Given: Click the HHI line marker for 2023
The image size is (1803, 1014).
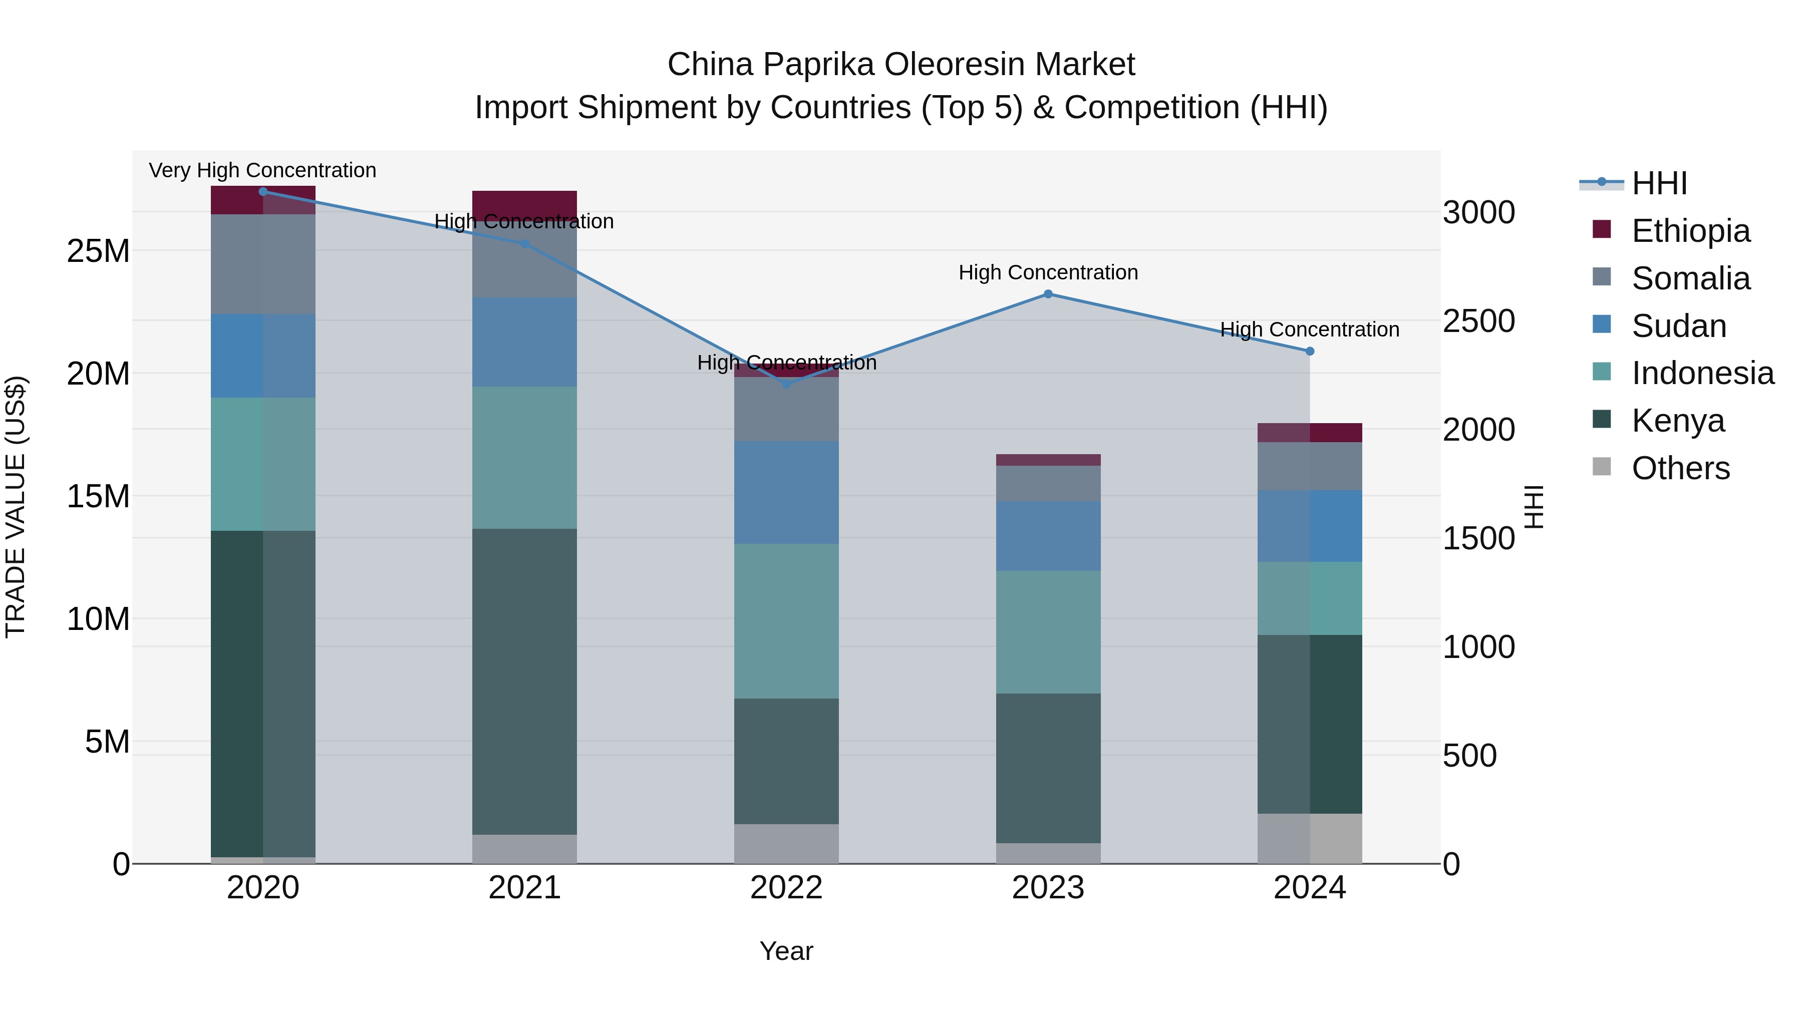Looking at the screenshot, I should click(1048, 294).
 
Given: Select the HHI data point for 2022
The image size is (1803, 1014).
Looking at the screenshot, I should click(786, 384).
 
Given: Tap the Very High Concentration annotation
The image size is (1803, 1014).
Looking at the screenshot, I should click(262, 170).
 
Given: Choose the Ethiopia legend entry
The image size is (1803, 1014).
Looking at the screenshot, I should click(1690, 231).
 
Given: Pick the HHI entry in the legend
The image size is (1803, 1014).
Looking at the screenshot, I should click(1659, 183).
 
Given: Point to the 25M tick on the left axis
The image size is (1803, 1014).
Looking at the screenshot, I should click(98, 250).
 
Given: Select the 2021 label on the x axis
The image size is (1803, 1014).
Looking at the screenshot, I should click(524, 888).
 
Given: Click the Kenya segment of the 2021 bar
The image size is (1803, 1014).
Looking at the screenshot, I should click(524, 681).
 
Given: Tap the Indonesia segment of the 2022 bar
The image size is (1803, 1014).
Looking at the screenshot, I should click(786, 621).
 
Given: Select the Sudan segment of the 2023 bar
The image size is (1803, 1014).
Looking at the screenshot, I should click(1048, 535).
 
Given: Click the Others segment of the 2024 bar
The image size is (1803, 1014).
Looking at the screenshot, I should click(1310, 838).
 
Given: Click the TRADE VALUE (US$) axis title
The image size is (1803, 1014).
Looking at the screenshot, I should click(16, 507).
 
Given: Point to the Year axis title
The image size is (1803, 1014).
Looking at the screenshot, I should click(786, 951).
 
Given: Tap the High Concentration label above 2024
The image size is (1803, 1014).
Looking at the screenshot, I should click(1310, 329).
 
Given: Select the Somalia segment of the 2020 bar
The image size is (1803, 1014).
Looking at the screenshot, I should click(262, 264).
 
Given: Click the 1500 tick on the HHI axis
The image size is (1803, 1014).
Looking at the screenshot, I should click(1478, 538).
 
